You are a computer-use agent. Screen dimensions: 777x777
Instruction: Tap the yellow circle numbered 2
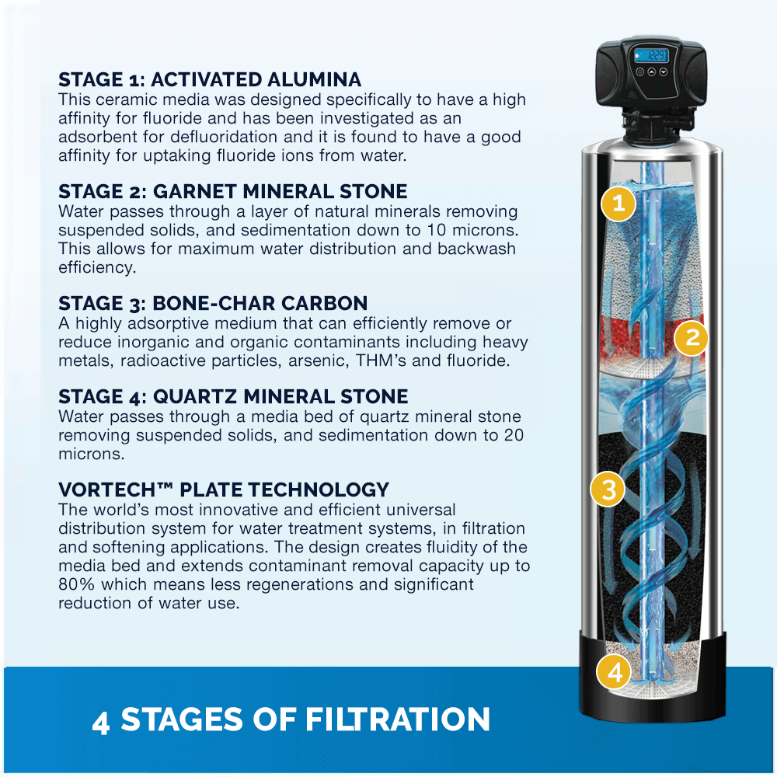pyautogui.click(x=691, y=338)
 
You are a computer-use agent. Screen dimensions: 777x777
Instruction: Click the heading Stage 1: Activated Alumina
pyautogui.click(x=210, y=80)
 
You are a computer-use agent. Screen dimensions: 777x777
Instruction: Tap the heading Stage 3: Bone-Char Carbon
pyautogui.click(x=213, y=303)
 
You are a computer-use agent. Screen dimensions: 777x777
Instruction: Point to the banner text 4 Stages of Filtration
pyautogui.click(x=291, y=720)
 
